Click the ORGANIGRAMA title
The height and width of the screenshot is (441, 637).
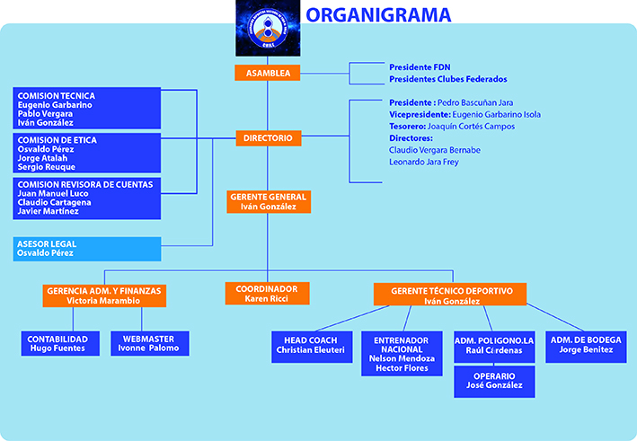pos(378,14)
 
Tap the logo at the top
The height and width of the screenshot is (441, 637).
pos(266,30)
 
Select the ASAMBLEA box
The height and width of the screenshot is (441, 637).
pos(267,74)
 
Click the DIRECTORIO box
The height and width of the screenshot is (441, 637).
pos(267,139)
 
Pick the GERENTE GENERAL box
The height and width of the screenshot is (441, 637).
pos(267,201)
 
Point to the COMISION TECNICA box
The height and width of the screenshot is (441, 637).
pos(87,109)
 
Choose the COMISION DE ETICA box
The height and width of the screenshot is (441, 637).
pos(87,154)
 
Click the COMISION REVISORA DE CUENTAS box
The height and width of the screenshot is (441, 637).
pos(87,198)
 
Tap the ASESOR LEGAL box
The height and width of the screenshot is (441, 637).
pos(87,249)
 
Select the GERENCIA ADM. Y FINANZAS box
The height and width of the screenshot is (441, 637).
pos(105,296)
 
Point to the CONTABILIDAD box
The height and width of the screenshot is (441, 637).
pos(58,343)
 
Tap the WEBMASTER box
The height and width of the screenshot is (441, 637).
pos(148,343)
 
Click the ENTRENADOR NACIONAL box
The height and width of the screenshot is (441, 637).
pos(402,353)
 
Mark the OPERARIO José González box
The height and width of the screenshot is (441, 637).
pos(494,380)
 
